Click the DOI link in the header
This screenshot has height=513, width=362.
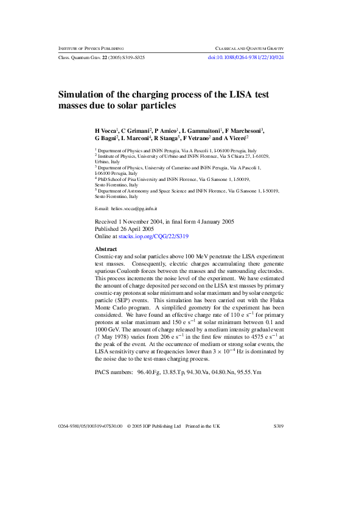click(x=246, y=57)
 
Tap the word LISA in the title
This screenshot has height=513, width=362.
click(x=234, y=94)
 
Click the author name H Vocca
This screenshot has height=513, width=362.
click(x=106, y=130)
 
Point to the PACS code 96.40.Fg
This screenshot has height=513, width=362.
click(x=149, y=371)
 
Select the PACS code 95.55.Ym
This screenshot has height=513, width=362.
click(x=265, y=371)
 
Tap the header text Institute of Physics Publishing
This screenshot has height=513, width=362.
click(x=91, y=48)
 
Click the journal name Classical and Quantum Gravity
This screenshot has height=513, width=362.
click(x=250, y=48)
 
